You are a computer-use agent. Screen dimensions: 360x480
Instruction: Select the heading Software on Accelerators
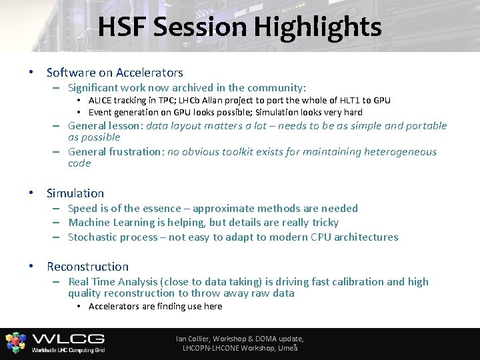coord(115,72)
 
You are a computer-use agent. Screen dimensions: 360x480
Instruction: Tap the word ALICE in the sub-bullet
coord(101,101)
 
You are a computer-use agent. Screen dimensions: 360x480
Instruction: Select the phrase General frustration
coord(114,152)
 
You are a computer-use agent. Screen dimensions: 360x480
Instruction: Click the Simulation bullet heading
coord(75,193)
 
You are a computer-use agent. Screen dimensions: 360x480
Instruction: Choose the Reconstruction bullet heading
coord(87,267)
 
